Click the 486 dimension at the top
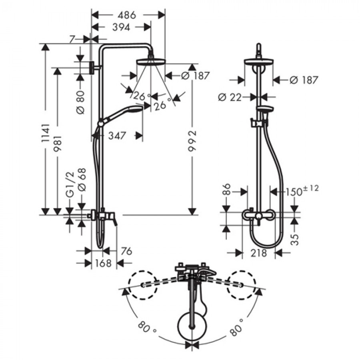coord(127,15)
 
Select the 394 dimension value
coord(121,27)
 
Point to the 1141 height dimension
coord(46,133)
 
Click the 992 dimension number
coord(192,141)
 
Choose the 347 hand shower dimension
coord(117,136)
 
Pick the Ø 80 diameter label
coord(80,102)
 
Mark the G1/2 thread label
coord(70,184)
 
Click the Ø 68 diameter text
coord(82,180)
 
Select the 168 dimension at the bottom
coord(103,263)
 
